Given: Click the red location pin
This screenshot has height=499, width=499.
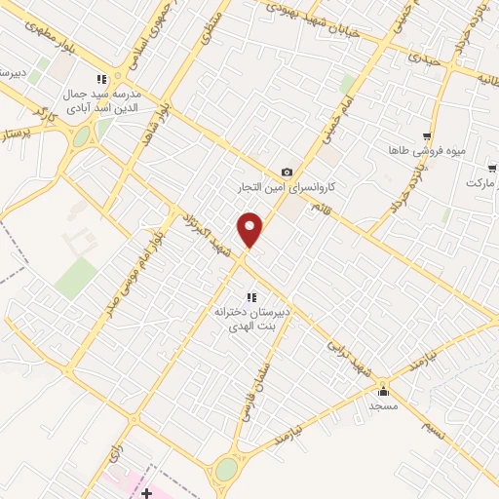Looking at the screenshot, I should click(250, 229).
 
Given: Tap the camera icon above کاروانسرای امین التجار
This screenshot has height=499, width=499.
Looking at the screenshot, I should click(287, 172).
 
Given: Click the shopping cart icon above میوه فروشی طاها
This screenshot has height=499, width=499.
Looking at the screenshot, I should click(426, 137).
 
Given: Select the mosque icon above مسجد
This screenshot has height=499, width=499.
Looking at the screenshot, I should click(383, 390).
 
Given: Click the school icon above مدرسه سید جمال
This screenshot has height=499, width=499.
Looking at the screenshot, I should click(102, 80).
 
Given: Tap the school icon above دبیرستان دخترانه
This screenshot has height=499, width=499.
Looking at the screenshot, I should click(250, 297).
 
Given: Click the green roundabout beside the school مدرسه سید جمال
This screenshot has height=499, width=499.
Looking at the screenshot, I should click(82, 136).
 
